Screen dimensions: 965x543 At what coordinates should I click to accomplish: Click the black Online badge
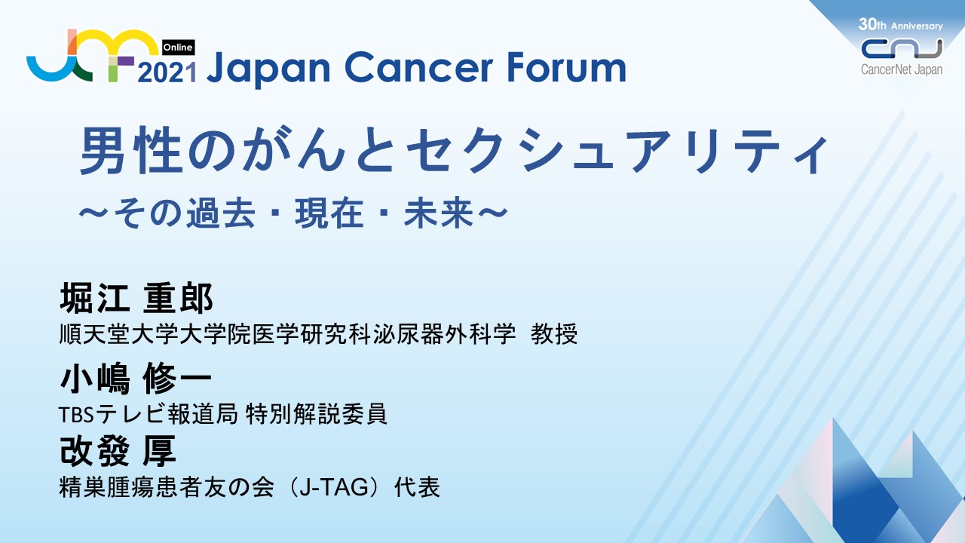[179, 48]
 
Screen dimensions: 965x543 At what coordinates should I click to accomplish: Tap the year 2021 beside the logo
[167, 72]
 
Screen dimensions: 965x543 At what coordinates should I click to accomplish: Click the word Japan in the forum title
[268, 69]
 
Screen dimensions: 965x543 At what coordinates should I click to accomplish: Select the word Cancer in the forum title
[418, 68]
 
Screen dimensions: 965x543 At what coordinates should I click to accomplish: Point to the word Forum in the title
[565, 68]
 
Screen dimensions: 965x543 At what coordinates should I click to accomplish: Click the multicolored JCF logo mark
[93, 55]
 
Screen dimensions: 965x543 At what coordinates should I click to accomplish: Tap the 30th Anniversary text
[900, 25]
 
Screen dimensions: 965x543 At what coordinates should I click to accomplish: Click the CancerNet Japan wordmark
[902, 70]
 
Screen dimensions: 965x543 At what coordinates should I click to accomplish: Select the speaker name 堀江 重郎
[136, 297]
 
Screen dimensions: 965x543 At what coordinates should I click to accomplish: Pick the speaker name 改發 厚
[118, 451]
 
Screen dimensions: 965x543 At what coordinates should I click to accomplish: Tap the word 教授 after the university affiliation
[553, 334]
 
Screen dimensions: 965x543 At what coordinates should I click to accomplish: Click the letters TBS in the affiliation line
[76, 415]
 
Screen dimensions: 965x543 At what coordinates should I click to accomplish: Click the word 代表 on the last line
[417, 487]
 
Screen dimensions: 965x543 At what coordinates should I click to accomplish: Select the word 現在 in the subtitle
[329, 213]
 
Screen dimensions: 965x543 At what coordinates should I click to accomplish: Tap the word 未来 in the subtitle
[439, 213]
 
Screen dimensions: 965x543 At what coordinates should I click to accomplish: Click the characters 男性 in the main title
[130, 151]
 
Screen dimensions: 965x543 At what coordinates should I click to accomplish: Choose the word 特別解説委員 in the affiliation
[316, 414]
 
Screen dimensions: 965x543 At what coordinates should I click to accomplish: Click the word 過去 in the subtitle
[221, 213]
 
